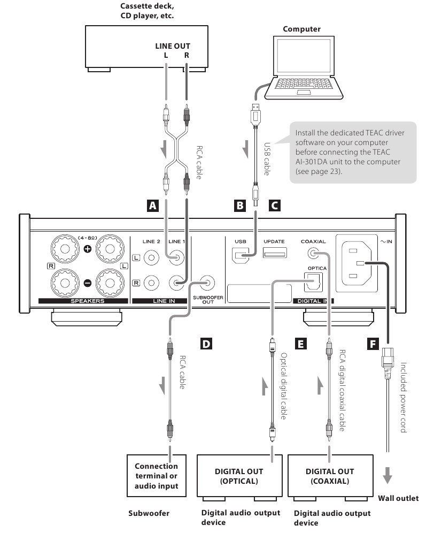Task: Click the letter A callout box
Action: point(153,205)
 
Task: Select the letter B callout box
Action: point(240,205)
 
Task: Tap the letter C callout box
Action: point(275,205)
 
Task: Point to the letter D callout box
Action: point(206,344)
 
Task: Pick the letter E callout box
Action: point(300,344)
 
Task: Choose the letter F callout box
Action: point(373,344)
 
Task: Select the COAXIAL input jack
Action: point(313,253)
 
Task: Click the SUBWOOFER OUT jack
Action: point(207,283)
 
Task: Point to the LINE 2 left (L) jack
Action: point(151,258)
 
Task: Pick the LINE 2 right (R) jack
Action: point(151,283)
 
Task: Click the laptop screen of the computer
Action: point(304,57)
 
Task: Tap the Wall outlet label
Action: point(398,498)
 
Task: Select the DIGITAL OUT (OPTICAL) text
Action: point(239,476)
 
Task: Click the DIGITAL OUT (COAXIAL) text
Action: point(330,476)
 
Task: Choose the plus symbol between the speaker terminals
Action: point(88,249)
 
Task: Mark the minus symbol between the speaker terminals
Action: point(88,283)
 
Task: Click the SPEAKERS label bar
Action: point(83,301)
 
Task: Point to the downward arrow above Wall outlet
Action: point(387,475)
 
